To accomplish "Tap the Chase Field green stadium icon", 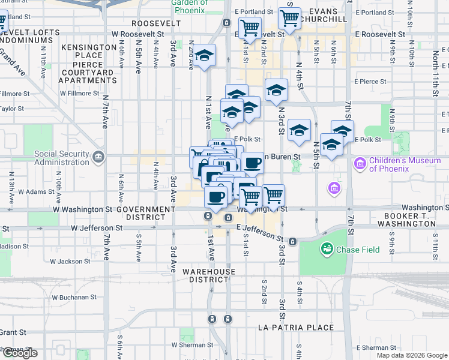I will click(x=327, y=248).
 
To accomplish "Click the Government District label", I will click(x=145, y=212).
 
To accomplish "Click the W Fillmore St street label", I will click(x=80, y=94).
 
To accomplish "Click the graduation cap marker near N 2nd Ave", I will click(x=205, y=56).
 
